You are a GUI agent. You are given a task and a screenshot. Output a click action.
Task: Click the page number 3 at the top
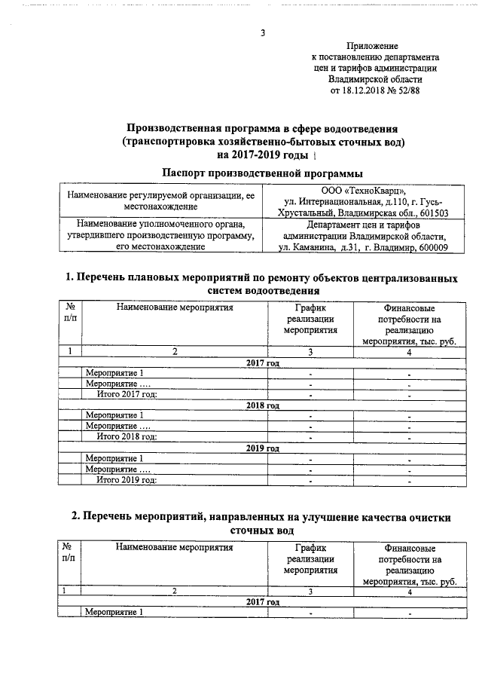point(262,32)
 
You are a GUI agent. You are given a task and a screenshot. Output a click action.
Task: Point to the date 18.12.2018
point(366,90)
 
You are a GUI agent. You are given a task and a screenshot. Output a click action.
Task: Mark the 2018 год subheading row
point(263,405)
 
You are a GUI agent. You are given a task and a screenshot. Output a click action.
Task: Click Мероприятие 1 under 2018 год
point(114,415)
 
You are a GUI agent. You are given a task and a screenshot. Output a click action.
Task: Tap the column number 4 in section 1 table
point(409,351)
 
